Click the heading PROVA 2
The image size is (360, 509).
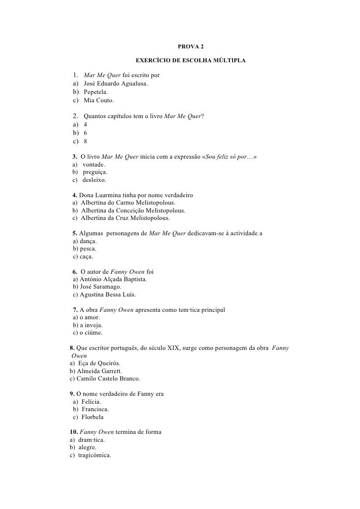click(x=190, y=47)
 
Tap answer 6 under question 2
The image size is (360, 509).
click(x=86, y=132)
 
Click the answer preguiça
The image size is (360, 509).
click(x=95, y=172)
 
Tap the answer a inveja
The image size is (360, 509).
click(x=92, y=325)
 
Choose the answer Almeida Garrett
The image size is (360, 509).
click(x=99, y=371)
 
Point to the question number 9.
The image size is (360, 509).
click(x=72, y=394)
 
